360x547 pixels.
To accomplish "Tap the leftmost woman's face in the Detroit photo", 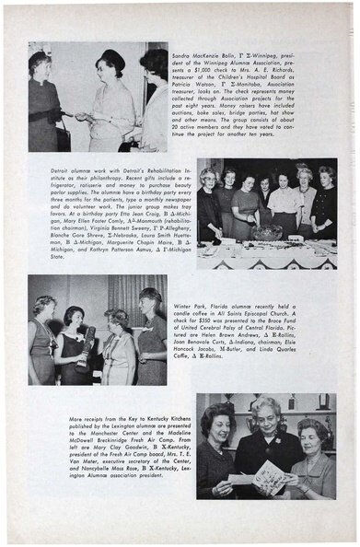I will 208,179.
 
